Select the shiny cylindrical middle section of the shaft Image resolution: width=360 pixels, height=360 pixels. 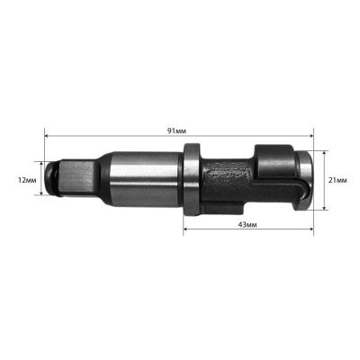click(x=144, y=179)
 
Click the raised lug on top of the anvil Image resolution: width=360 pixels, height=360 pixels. click(x=271, y=150)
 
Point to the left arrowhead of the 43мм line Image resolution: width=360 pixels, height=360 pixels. click(x=187, y=230)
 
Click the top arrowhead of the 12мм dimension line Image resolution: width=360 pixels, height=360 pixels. click(x=41, y=164)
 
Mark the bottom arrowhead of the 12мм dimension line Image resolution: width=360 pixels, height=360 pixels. click(x=41, y=197)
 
